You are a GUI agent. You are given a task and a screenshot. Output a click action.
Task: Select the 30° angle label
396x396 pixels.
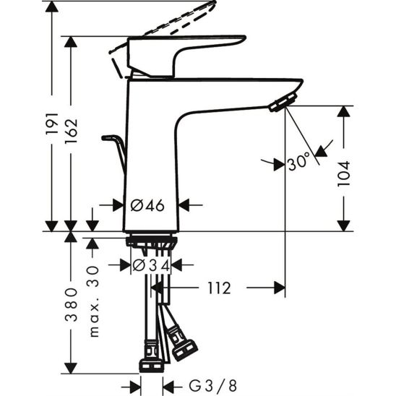coord(298,163)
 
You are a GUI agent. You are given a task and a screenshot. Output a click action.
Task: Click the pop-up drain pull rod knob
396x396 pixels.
coord(110,137)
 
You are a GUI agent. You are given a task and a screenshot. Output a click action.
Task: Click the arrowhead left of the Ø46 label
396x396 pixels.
coord(120,205)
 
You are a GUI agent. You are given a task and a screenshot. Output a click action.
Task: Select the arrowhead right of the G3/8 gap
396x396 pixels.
coord(168,383)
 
